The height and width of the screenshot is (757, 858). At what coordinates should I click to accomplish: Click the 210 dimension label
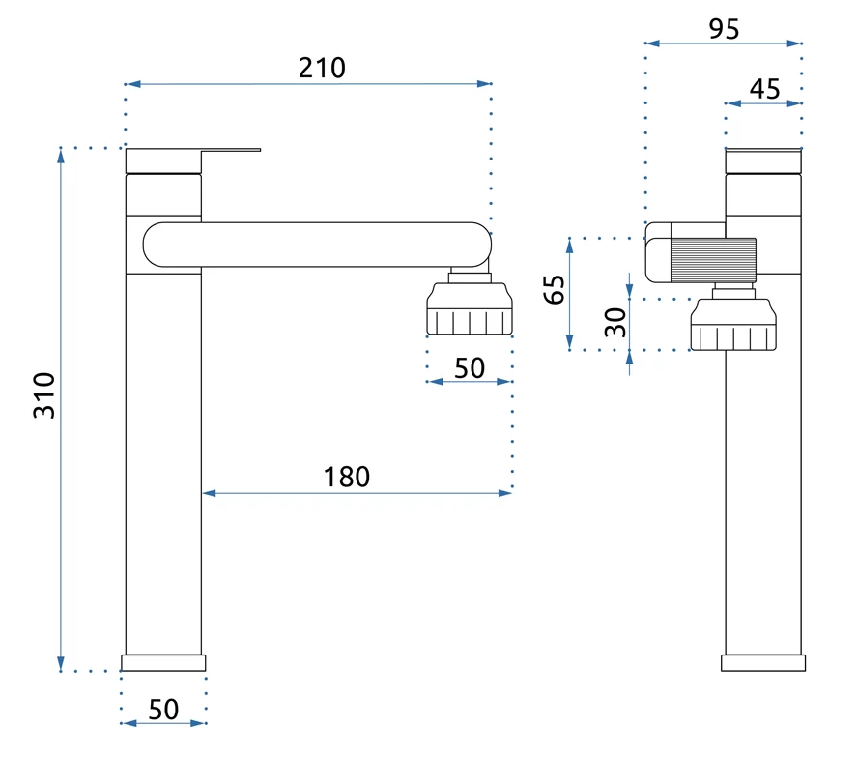[x=321, y=68]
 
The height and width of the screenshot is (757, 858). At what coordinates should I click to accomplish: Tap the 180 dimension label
[x=347, y=476]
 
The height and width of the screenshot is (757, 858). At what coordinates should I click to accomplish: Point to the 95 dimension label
[x=724, y=29]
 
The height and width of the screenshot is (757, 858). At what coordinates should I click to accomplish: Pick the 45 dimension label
[x=764, y=89]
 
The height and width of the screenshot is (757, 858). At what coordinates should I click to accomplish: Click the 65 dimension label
[x=555, y=288]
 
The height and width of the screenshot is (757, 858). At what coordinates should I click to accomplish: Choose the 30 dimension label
[x=615, y=321]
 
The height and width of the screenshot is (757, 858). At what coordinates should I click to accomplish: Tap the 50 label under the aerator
[x=469, y=367]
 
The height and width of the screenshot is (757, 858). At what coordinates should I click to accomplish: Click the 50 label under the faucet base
[x=164, y=709]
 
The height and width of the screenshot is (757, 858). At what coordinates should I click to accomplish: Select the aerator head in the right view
[x=733, y=324]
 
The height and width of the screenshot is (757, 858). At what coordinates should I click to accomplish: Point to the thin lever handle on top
[x=231, y=151]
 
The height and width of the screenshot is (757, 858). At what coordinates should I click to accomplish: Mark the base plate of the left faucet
[x=163, y=662]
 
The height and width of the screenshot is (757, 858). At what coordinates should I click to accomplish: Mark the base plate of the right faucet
[x=763, y=662]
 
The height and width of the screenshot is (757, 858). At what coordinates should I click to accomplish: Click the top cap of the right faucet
[x=763, y=160]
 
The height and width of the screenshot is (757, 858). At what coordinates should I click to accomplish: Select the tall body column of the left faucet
[x=163, y=464]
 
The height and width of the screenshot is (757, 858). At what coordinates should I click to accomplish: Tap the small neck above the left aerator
[x=470, y=276]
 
